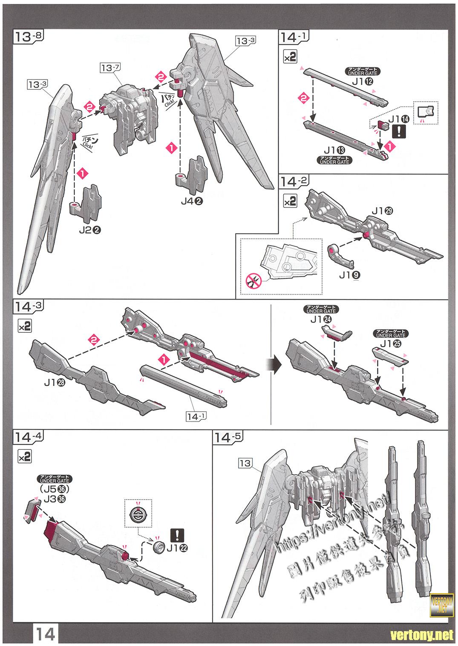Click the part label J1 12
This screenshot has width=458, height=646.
[x=363, y=81]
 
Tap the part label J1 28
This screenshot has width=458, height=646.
[x=54, y=383]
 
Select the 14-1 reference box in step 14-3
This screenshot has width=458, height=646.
[x=196, y=417]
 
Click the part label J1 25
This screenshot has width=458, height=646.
[x=390, y=344]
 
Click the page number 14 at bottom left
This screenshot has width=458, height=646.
[x=44, y=635]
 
